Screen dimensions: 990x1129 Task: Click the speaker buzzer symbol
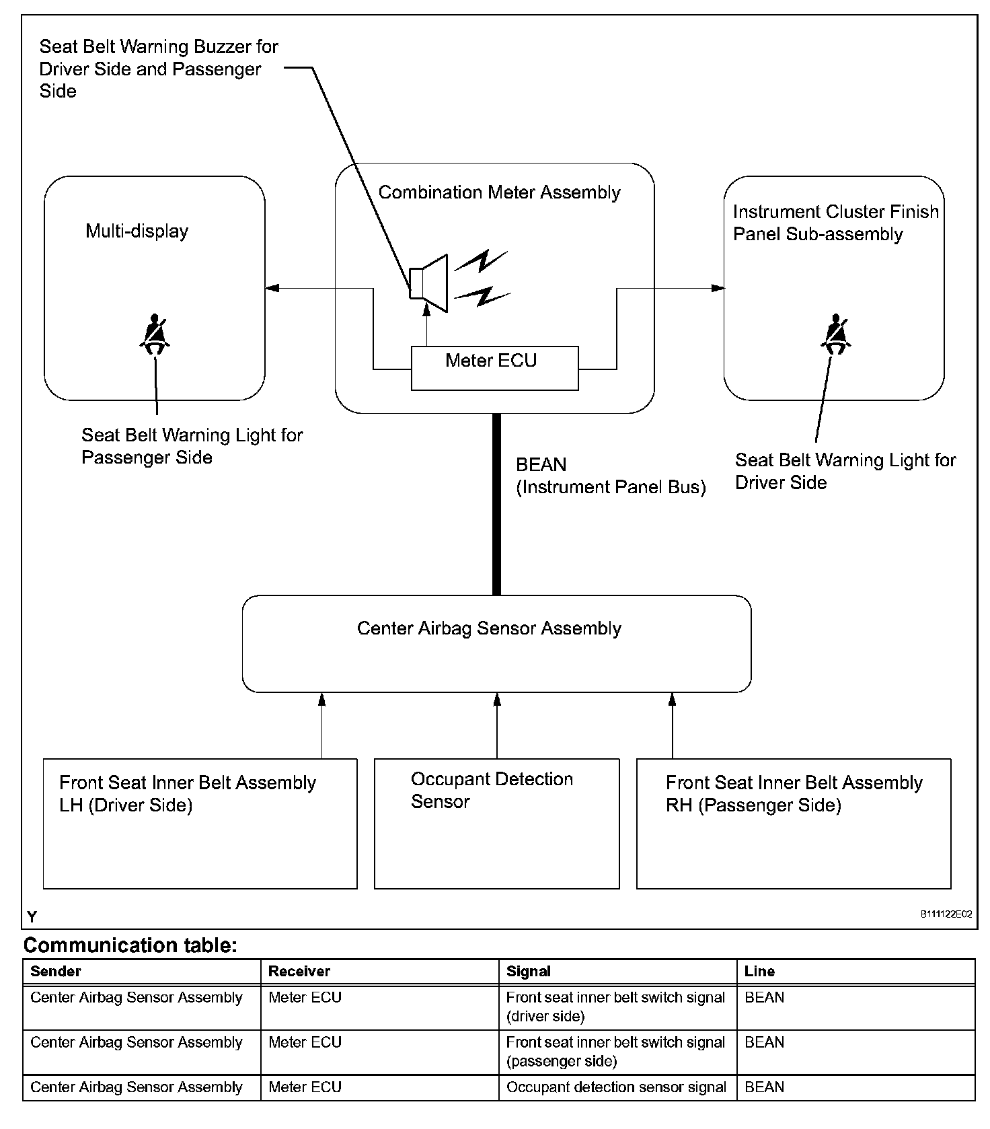[x=428, y=283]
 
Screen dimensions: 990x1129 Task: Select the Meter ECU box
[x=494, y=368]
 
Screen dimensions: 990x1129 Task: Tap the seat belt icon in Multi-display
[x=155, y=334]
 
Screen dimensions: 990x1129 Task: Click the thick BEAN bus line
[x=497, y=505]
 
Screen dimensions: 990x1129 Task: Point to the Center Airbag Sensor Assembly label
[x=489, y=628]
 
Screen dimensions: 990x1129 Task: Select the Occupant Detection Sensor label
[x=492, y=790]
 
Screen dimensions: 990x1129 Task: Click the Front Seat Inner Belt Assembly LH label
[x=188, y=794]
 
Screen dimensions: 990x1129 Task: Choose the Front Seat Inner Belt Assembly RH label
[x=794, y=794]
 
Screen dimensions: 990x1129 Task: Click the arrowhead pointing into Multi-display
[x=272, y=289]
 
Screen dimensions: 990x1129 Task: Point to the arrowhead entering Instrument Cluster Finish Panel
[x=718, y=289]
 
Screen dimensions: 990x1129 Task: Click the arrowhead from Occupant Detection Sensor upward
[x=497, y=700]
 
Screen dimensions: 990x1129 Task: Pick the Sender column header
[x=56, y=971]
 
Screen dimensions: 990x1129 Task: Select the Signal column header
[x=529, y=971]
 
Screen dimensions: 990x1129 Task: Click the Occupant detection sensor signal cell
[x=616, y=1087]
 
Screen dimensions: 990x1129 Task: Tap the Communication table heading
[x=130, y=945]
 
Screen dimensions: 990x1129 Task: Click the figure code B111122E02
[x=946, y=914]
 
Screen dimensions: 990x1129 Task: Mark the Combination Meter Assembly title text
[x=500, y=192]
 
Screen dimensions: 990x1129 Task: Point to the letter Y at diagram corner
[x=32, y=916]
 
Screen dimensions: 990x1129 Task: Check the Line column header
[x=759, y=971]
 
